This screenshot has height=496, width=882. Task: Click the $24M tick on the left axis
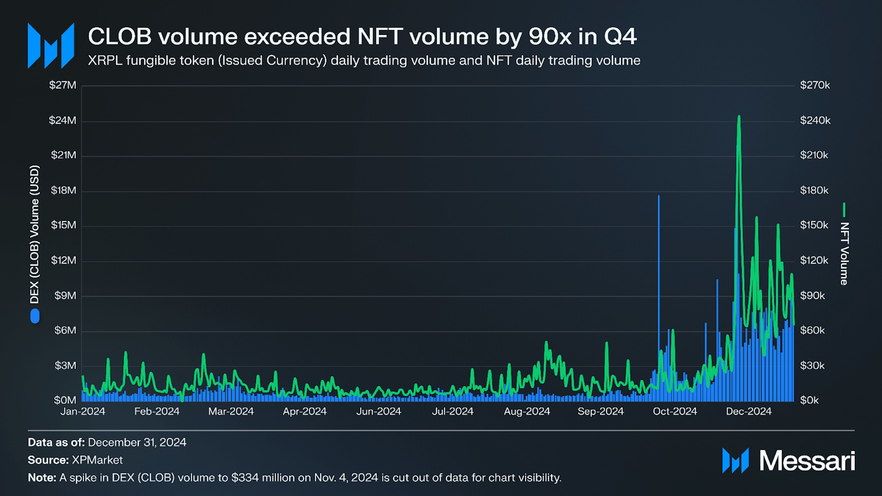pos(63,120)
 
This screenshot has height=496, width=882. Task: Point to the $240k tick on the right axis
pos(815,120)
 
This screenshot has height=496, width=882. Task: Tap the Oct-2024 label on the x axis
pos(675,411)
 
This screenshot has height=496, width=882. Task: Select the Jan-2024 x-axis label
pos(83,411)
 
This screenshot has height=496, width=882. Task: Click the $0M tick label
pos(65,400)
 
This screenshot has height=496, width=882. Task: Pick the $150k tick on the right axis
pos(814,225)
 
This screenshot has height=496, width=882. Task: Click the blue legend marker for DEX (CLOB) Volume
pos(35,316)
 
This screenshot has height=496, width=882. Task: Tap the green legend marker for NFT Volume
pos(844,210)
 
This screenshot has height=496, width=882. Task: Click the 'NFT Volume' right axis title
pos(844,254)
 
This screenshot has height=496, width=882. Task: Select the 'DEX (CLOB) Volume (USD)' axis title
pos(35,235)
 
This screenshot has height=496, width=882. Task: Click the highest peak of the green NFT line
pos(739,116)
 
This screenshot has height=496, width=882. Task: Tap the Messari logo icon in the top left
pos(51,45)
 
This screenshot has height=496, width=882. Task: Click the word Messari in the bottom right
pos(807,461)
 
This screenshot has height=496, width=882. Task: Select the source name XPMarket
pos(97,460)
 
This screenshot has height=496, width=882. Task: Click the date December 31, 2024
pos(137,442)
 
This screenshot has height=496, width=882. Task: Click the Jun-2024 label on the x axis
pos(379,411)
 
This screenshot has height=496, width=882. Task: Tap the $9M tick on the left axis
pos(65,296)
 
